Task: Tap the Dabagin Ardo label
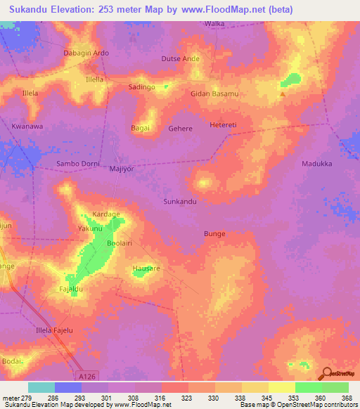click(x=86, y=52)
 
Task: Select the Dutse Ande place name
click(x=181, y=58)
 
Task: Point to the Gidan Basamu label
click(x=214, y=93)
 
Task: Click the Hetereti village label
click(x=225, y=124)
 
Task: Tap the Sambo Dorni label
click(x=76, y=164)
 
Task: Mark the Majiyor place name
click(x=122, y=169)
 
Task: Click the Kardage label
click(x=107, y=214)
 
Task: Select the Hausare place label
click(x=147, y=268)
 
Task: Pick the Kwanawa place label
click(x=27, y=126)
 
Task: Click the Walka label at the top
click(x=214, y=23)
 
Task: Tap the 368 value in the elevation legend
click(x=346, y=398)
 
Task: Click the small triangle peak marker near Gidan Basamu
click(x=283, y=94)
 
